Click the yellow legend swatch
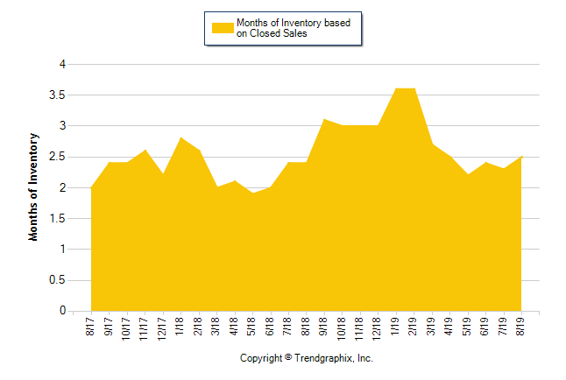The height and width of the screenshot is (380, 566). (x=223, y=28)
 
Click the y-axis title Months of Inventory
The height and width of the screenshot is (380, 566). (x=34, y=186)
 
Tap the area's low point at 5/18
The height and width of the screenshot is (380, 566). (x=252, y=194)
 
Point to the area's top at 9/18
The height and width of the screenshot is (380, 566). (x=324, y=120)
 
